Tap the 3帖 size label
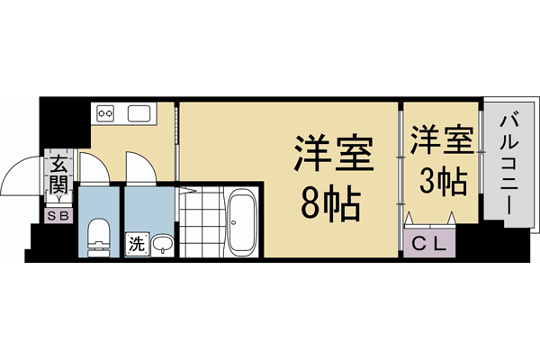click(441, 181)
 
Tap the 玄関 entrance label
click(59, 175)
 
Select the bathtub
click(242, 222)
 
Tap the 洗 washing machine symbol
click(135, 243)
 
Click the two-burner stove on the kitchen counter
click(106, 114)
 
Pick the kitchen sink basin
click(141, 114)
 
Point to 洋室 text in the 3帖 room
click(441, 141)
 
